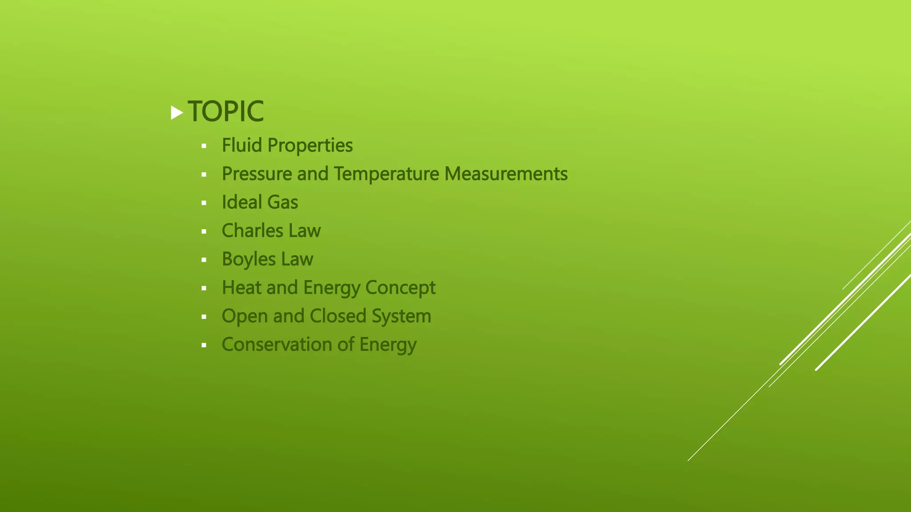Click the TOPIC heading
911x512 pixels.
[x=226, y=111]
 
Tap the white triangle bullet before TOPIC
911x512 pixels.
[x=177, y=113]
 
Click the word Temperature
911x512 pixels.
[x=386, y=174]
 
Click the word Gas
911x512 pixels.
[x=282, y=203]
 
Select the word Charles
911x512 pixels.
[x=252, y=231]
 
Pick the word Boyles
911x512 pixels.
[x=249, y=260]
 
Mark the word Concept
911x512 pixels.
[x=400, y=288]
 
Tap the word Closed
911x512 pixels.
[x=338, y=316]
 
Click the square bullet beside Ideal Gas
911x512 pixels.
[x=204, y=203]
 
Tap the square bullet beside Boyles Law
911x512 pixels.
[x=204, y=260]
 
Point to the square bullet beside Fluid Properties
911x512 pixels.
[x=204, y=146]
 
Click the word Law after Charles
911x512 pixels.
[x=305, y=231]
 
